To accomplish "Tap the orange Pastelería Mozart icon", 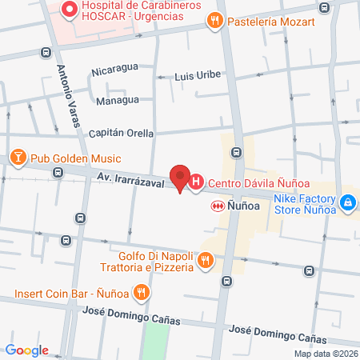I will coord(213,22).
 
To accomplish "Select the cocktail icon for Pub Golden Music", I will coord(17,158).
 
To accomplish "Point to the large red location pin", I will coord(180,178).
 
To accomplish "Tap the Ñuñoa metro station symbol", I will coord(216,206).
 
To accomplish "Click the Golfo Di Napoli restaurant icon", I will coord(206,259).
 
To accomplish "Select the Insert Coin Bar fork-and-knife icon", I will coord(142,293).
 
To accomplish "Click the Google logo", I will coord(26,350).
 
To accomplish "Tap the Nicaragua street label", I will coord(115,71).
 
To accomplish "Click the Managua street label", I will coord(117,101).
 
